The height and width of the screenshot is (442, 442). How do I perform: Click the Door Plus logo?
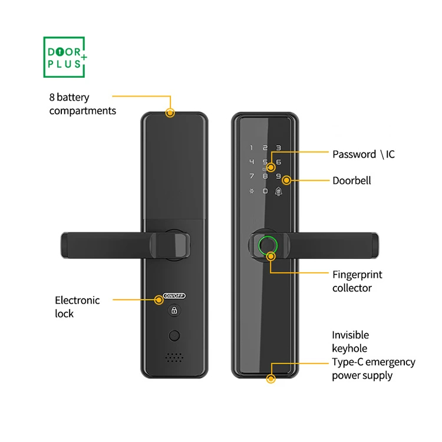65,57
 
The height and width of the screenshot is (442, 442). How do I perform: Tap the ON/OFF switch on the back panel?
174,296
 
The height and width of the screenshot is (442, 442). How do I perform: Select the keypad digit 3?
279,149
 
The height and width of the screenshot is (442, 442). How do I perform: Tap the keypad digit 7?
251,176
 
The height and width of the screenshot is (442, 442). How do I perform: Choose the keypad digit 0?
265,191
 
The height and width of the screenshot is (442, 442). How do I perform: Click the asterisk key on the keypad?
251,191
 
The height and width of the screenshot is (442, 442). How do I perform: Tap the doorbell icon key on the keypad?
279,191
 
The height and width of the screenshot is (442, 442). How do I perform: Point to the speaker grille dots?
173,358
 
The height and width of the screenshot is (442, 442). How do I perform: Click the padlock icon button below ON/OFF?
174,311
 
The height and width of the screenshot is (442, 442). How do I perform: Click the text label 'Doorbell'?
352,180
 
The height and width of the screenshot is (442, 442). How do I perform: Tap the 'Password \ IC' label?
364,154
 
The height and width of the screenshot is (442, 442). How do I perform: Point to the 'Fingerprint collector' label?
357,281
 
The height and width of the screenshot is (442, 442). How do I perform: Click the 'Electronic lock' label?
77,306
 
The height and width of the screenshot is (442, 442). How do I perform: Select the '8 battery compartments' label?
83,104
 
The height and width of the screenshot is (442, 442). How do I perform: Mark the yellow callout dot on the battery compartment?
170,113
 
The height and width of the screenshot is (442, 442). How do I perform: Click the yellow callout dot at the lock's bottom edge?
271,380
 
